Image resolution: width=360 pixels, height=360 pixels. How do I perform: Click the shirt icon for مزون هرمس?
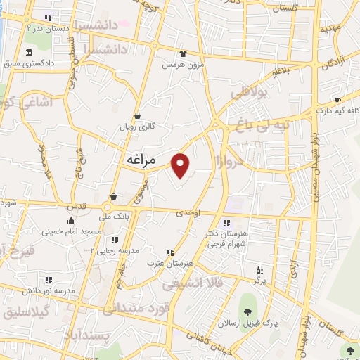coord(184,53)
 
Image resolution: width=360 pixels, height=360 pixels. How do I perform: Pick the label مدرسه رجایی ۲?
coord(122,250)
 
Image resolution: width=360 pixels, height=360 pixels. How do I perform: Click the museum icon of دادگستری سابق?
coord(28,53)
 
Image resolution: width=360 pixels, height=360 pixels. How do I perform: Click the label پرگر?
coord(260,281)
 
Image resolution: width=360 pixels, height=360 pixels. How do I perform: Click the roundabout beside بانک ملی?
coord(108,207)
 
